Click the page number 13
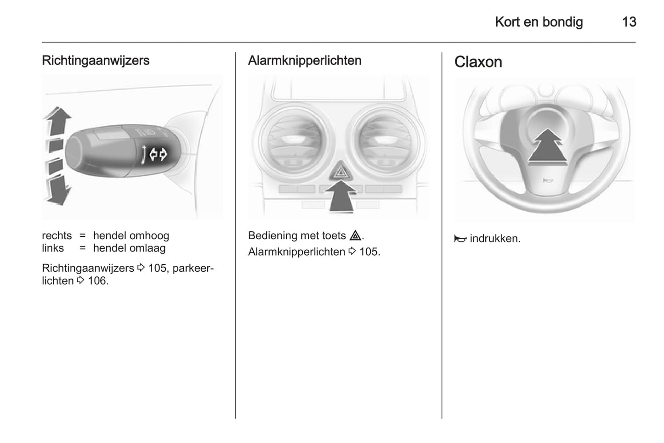point(629,22)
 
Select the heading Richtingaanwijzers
point(96,61)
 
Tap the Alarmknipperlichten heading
point(305,61)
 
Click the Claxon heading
point(478,62)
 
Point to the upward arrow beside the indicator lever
point(58,121)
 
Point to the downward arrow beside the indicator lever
point(58,190)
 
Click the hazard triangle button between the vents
point(340,171)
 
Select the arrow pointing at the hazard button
point(341,196)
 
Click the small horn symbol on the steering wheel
point(547,180)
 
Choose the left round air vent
point(294,142)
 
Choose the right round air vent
point(386,142)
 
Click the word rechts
point(57,236)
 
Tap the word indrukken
point(495,239)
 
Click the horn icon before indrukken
point(460,239)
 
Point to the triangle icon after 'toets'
point(355,236)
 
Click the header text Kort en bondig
point(539,22)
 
